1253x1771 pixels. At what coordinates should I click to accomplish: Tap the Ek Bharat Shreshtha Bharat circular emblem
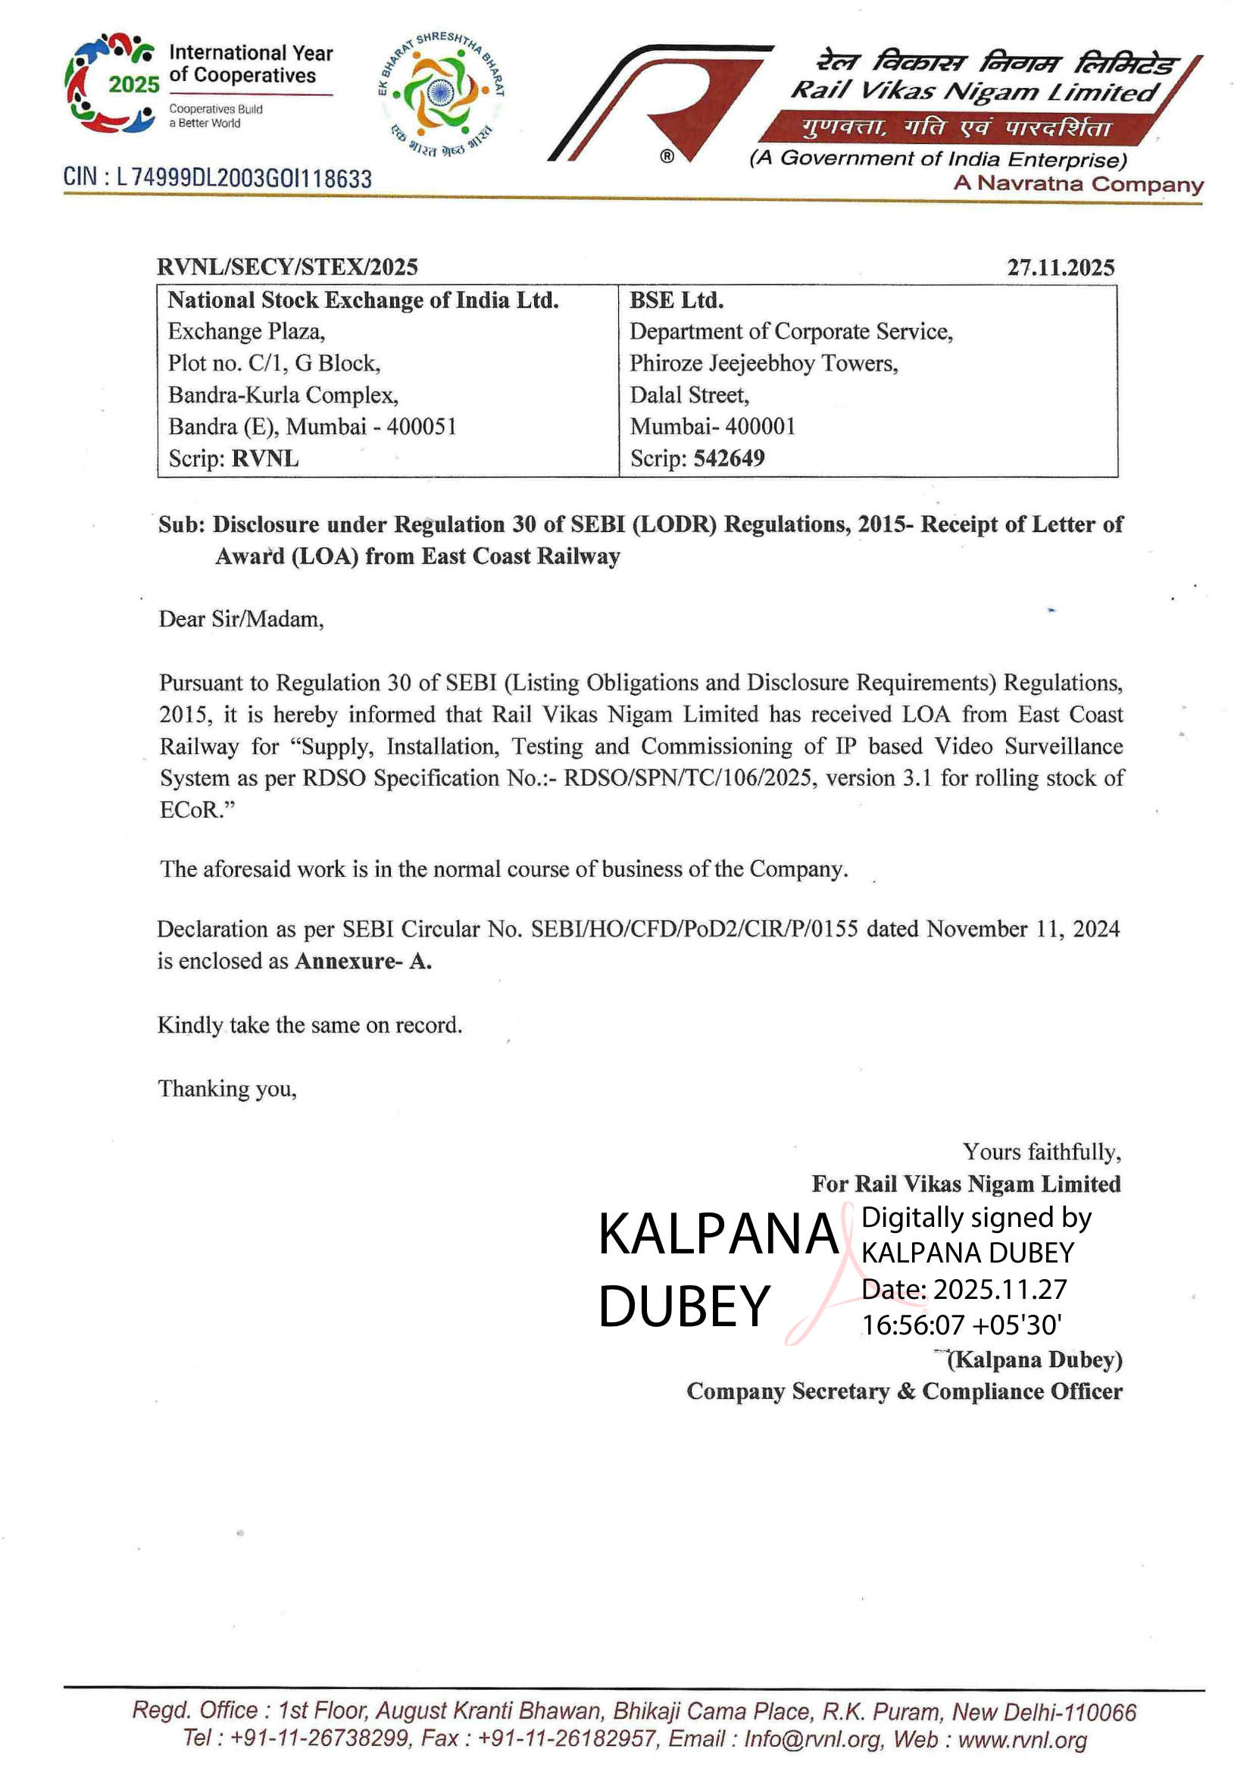tap(442, 92)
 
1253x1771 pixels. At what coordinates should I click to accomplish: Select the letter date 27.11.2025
tap(1060, 268)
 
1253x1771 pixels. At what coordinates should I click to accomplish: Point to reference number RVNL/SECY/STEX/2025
tap(287, 267)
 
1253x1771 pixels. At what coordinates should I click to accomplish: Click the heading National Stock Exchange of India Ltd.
tap(363, 300)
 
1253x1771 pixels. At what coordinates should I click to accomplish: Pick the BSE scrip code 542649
tap(729, 458)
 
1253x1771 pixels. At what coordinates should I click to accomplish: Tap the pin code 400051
tap(421, 427)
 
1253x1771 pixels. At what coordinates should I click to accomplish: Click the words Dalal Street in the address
tap(688, 395)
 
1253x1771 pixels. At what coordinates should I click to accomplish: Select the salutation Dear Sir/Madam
tap(241, 619)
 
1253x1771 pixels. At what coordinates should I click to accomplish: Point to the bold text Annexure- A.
tap(363, 961)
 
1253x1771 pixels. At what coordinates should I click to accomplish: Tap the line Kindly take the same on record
tap(309, 1025)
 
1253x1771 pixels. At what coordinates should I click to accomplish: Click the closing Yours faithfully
tap(1042, 1152)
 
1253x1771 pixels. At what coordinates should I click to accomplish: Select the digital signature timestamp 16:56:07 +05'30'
tap(961, 1325)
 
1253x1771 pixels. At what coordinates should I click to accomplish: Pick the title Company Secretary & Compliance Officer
tap(905, 1391)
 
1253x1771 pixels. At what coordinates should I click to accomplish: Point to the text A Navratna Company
tap(1078, 183)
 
